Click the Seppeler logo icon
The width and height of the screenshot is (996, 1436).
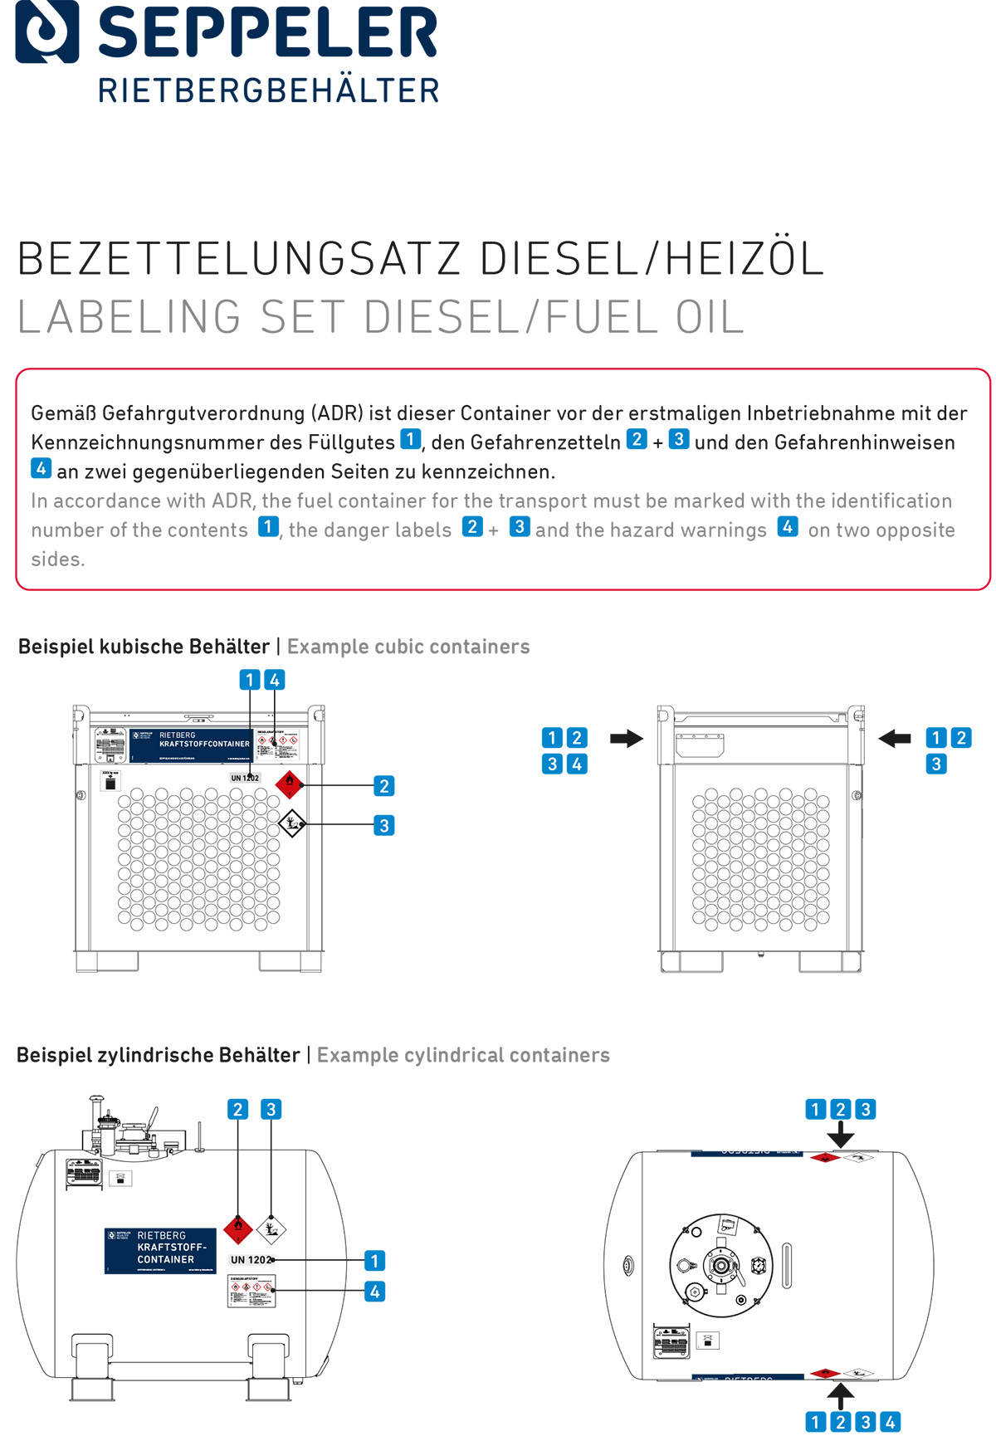coord(47,32)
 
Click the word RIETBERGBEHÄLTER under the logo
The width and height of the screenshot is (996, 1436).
coord(268,90)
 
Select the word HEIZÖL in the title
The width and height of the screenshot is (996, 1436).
coord(744,259)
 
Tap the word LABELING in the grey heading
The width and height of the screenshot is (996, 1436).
coord(129,317)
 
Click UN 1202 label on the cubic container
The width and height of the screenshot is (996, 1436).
coord(245,778)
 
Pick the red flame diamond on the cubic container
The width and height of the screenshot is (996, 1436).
coord(289,783)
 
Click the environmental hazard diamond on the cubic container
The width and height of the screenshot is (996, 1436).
coord(292,823)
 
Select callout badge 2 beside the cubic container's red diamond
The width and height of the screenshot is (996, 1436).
coord(383,786)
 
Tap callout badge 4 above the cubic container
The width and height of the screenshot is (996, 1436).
coord(275,680)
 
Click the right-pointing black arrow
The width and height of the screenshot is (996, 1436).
coord(627,738)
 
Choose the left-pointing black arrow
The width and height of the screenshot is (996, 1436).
coord(894,738)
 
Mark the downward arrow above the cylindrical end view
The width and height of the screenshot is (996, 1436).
coord(841,1135)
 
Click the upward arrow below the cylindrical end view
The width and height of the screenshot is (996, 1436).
coord(841,1396)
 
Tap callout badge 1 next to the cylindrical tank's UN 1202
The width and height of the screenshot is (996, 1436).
coord(374,1261)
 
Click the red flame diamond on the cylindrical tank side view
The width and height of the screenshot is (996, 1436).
coord(238,1228)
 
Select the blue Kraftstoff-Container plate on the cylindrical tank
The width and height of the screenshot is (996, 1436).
coord(160,1251)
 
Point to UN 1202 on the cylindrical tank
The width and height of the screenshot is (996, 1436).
coord(251,1260)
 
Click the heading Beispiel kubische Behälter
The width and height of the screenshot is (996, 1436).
coord(144,647)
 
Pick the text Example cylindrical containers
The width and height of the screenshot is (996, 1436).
coord(463,1055)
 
